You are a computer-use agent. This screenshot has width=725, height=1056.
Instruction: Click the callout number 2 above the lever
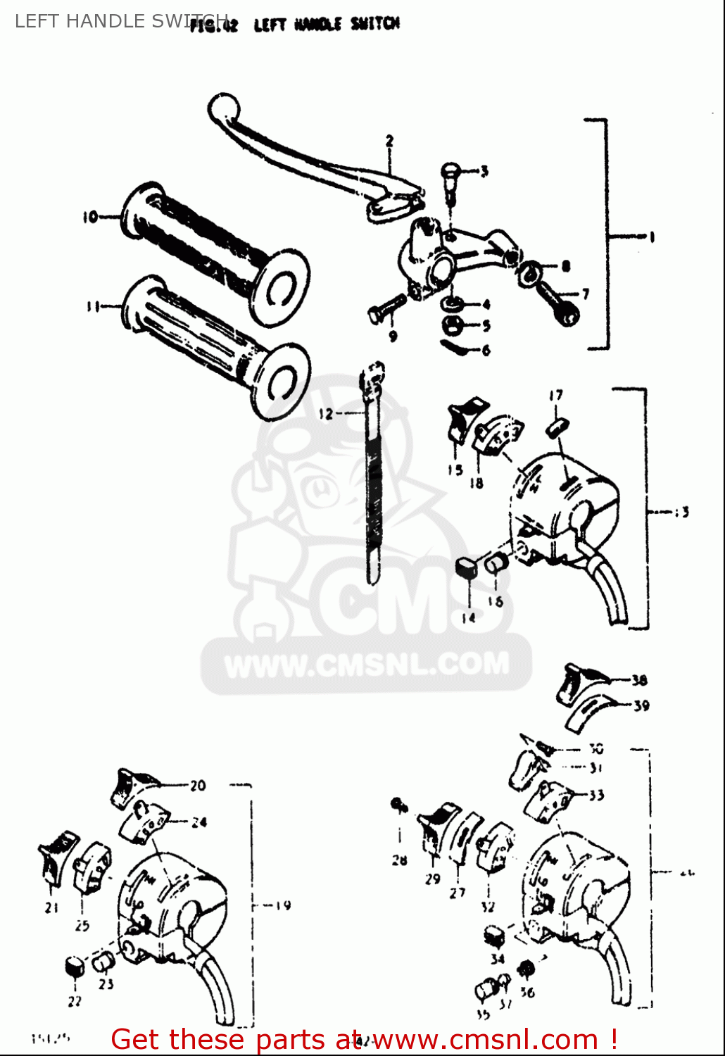[x=389, y=141]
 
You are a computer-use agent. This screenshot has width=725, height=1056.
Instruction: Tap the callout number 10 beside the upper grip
[x=90, y=218]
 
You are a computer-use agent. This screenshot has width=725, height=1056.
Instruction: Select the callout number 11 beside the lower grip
[x=92, y=306]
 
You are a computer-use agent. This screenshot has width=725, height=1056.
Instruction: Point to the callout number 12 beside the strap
[x=325, y=414]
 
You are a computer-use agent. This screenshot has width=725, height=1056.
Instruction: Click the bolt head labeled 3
[x=450, y=171]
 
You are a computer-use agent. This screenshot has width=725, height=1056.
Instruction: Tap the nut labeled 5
[x=450, y=325]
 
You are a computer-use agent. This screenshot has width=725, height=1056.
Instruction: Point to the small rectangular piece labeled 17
[x=558, y=426]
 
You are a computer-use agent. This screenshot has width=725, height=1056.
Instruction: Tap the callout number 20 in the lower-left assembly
[x=198, y=786]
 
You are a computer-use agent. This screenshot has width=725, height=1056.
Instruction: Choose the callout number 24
[x=199, y=822]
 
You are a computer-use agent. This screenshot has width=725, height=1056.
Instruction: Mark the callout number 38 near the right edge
[x=639, y=680]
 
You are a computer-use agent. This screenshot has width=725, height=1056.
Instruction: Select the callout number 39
[x=641, y=705]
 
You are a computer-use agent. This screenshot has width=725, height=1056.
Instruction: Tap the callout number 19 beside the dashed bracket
[x=283, y=905]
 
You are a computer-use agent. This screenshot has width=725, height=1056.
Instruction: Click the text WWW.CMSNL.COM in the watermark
[x=367, y=665]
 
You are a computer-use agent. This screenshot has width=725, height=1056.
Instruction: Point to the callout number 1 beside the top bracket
[x=651, y=237]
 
